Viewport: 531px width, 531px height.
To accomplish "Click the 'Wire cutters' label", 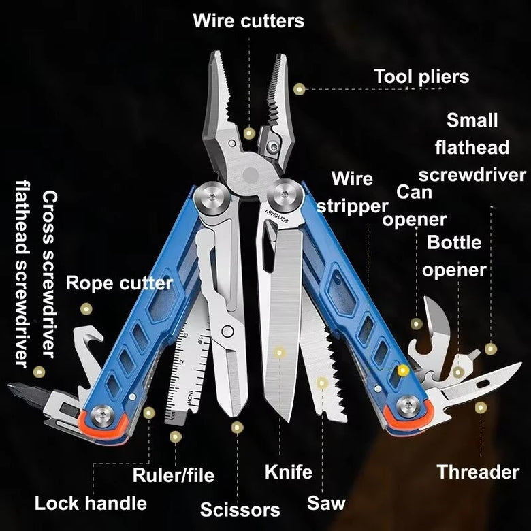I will click(248, 20).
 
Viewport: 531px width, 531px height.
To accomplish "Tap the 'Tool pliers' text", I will click(421, 76).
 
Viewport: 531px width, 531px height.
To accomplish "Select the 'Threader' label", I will click(478, 472).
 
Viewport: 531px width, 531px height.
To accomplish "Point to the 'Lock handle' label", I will click(91, 503).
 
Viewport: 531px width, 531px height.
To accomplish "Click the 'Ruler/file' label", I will click(173, 474).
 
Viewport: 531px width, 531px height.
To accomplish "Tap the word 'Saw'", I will click(326, 504).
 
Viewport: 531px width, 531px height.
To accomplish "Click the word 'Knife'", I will click(288, 471).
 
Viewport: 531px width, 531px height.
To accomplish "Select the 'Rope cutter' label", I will click(119, 283).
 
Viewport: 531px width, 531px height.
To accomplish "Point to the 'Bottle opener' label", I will click(454, 256).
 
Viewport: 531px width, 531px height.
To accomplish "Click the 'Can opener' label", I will click(415, 206).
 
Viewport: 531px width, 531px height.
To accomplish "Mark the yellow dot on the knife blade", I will click(279, 353).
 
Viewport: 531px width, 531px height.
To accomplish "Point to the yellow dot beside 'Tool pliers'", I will click(299, 88).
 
